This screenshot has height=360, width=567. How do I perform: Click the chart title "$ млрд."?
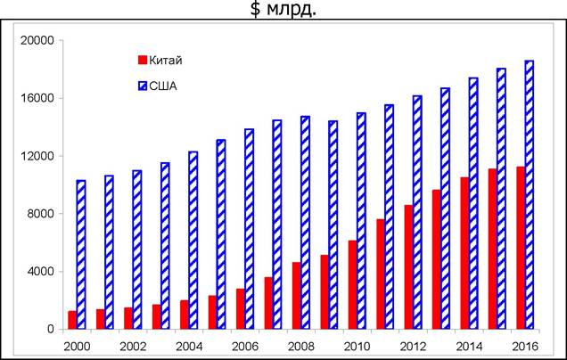tap(283, 9)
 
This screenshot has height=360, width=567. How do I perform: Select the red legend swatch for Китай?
tap(143, 60)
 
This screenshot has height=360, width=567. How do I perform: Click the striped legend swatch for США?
tap(143, 86)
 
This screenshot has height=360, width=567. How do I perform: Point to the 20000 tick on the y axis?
tap(37, 40)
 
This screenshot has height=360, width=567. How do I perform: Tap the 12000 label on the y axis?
tap(37, 156)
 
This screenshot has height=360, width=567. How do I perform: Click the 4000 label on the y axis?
tap(41, 272)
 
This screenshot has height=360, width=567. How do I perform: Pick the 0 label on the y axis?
tap(51, 330)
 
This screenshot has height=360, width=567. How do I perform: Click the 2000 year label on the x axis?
tap(77, 347)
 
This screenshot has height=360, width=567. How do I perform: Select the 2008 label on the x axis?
tap(301, 347)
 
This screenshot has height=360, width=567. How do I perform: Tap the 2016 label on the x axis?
tap(525, 347)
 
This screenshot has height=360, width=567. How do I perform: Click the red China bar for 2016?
tap(521, 248)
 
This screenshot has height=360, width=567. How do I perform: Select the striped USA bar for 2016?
tap(530, 195)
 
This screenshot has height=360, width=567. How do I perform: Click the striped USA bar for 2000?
tap(81, 255)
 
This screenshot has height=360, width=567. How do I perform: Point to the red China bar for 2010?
tap(352, 285)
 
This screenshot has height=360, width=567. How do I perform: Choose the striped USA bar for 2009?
tap(333, 225)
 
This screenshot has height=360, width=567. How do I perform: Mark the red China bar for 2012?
tap(408, 267)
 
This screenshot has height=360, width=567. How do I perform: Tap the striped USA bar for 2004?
tap(193, 241)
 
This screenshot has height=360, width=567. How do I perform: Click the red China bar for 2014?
tap(464, 253)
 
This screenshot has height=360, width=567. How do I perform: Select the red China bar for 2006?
tap(241, 309)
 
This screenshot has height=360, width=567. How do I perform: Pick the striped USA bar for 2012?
tap(417, 212)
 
